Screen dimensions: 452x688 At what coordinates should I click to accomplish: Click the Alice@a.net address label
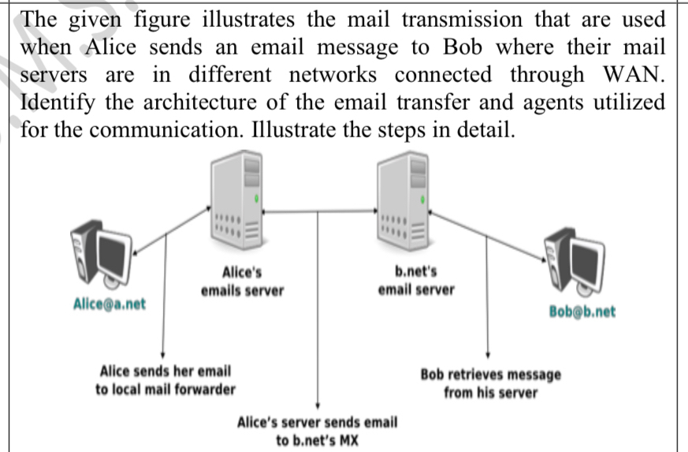click(109, 304)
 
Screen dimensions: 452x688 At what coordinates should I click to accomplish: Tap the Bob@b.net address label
click(582, 312)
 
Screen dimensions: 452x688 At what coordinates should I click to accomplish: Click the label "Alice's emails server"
click(242, 282)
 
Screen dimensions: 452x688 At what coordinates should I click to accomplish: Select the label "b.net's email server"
click(416, 281)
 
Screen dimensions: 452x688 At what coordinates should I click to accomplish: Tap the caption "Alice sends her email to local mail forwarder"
click(165, 379)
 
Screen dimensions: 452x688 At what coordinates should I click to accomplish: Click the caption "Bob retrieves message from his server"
click(490, 383)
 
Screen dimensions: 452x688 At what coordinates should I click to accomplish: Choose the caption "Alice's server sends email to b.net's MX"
click(317, 431)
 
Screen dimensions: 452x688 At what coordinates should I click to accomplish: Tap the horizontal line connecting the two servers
click(318, 211)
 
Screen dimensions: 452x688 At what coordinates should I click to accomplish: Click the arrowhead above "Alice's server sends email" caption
click(317, 404)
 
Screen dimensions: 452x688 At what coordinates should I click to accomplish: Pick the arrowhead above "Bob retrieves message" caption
click(489, 356)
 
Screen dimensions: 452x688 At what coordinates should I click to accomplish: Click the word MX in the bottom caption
click(348, 439)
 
